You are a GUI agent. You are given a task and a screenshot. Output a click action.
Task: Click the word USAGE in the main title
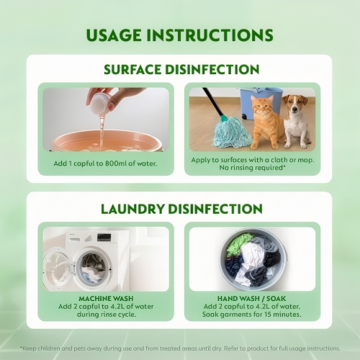[x=114, y=35]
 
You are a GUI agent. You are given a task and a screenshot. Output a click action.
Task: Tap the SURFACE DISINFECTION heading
[x=181, y=70]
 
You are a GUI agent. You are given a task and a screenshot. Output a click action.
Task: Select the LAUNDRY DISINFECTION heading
[x=181, y=209]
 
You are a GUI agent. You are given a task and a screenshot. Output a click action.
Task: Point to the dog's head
[x=295, y=104]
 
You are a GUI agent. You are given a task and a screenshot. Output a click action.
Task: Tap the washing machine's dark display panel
[x=104, y=238]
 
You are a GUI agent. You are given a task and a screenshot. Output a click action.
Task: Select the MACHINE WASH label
[x=106, y=299]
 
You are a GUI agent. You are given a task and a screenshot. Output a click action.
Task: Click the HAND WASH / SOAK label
[x=252, y=299]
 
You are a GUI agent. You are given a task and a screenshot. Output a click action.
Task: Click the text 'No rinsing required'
[x=251, y=168]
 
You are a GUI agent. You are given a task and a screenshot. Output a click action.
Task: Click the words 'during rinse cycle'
[x=107, y=315]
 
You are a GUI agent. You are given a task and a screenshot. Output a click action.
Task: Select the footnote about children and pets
[x=180, y=348]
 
